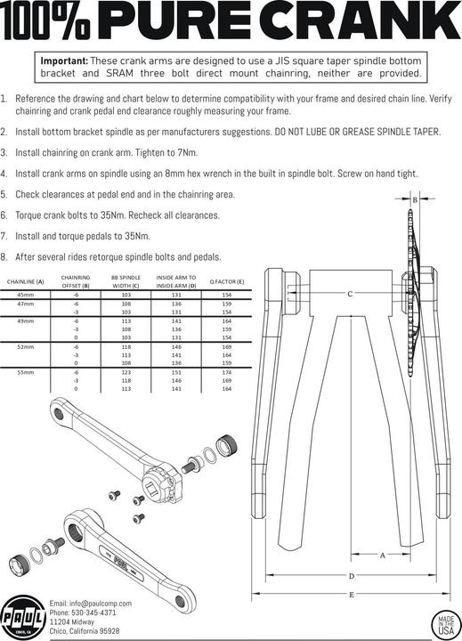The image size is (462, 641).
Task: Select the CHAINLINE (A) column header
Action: pyautogui.click(x=26, y=281)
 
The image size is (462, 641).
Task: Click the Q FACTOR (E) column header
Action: pyautogui.click(x=226, y=281)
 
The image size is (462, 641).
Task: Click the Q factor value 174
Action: pyautogui.click(x=226, y=371)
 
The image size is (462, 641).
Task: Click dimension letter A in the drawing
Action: pyautogui.click(x=382, y=554)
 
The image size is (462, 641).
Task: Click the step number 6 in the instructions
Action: pyautogui.click(x=4, y=215)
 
